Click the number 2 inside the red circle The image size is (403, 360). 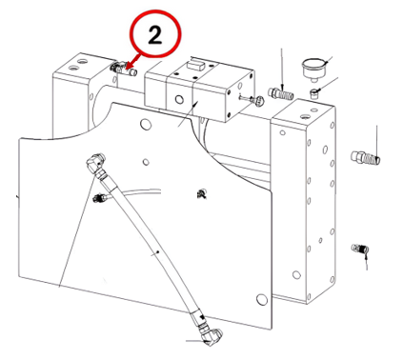[x=155, y=34]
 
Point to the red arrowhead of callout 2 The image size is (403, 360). [x=128, y=66]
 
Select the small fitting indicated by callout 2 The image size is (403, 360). [x=124, y=69]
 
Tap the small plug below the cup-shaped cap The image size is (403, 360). [x=314, y=93]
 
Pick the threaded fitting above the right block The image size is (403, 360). [x=281, y=93]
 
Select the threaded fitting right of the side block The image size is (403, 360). [x=366, y=157]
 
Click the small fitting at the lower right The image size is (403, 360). [x=360, y=248]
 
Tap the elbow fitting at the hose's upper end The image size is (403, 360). [x=95, y=162]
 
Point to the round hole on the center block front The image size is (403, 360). [x=179, y=100]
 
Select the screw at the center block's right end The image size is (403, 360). [x=253, y=100]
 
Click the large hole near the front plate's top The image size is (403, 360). [x=146, y=124]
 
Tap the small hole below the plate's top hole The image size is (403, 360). [x=146, y=162]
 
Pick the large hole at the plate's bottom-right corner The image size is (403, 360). [x=262, y=299]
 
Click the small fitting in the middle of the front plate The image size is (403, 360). [x=201, y=193]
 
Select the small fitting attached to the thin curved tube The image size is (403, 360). [x=101, y=198]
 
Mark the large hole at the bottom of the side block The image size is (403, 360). [x=296, y=274]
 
